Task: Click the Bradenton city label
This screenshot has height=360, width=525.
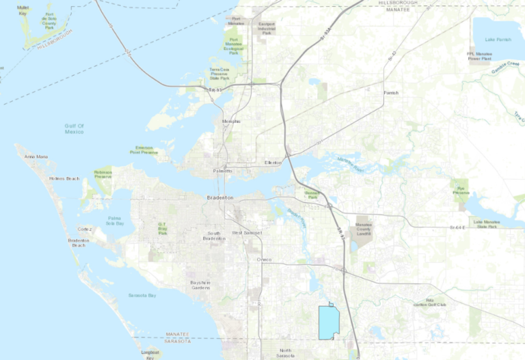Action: tap(220, 197)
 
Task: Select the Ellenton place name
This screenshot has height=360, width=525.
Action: tap(273, 163)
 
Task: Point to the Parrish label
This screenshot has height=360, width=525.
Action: tap(391, 93)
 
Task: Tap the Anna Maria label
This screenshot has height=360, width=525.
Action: tap(36, 157)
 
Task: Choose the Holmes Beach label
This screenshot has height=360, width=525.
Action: tap(64, 179)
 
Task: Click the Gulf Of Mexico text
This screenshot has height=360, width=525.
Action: tap(75, 128)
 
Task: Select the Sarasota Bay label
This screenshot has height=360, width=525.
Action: tap(142, 295)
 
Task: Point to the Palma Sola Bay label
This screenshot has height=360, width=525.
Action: tap(115, 221)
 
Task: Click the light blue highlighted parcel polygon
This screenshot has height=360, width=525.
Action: tap(329, 321)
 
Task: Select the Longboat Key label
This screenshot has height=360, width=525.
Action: tap(150, 354)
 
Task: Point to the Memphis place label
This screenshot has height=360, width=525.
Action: tap(232, 122)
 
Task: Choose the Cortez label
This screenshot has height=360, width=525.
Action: tap(85, 229)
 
